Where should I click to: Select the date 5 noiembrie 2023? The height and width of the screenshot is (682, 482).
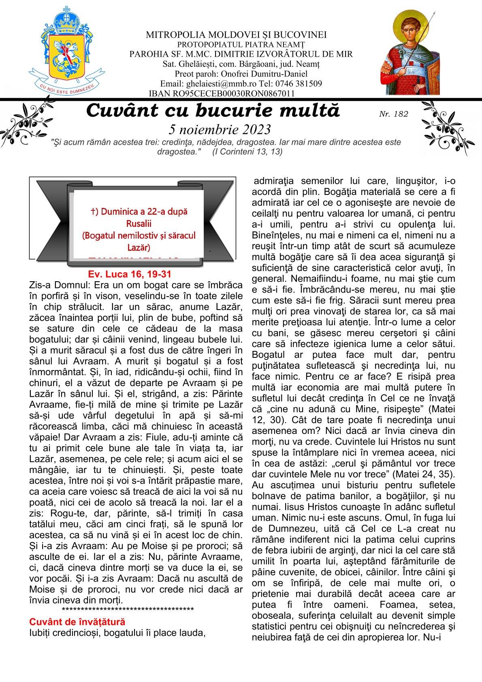[x=219, y=130]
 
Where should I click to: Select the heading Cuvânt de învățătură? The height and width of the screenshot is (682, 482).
[x=77, y=622]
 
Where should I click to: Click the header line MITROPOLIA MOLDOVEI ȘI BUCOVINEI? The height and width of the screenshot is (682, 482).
[x=236, y=35]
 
